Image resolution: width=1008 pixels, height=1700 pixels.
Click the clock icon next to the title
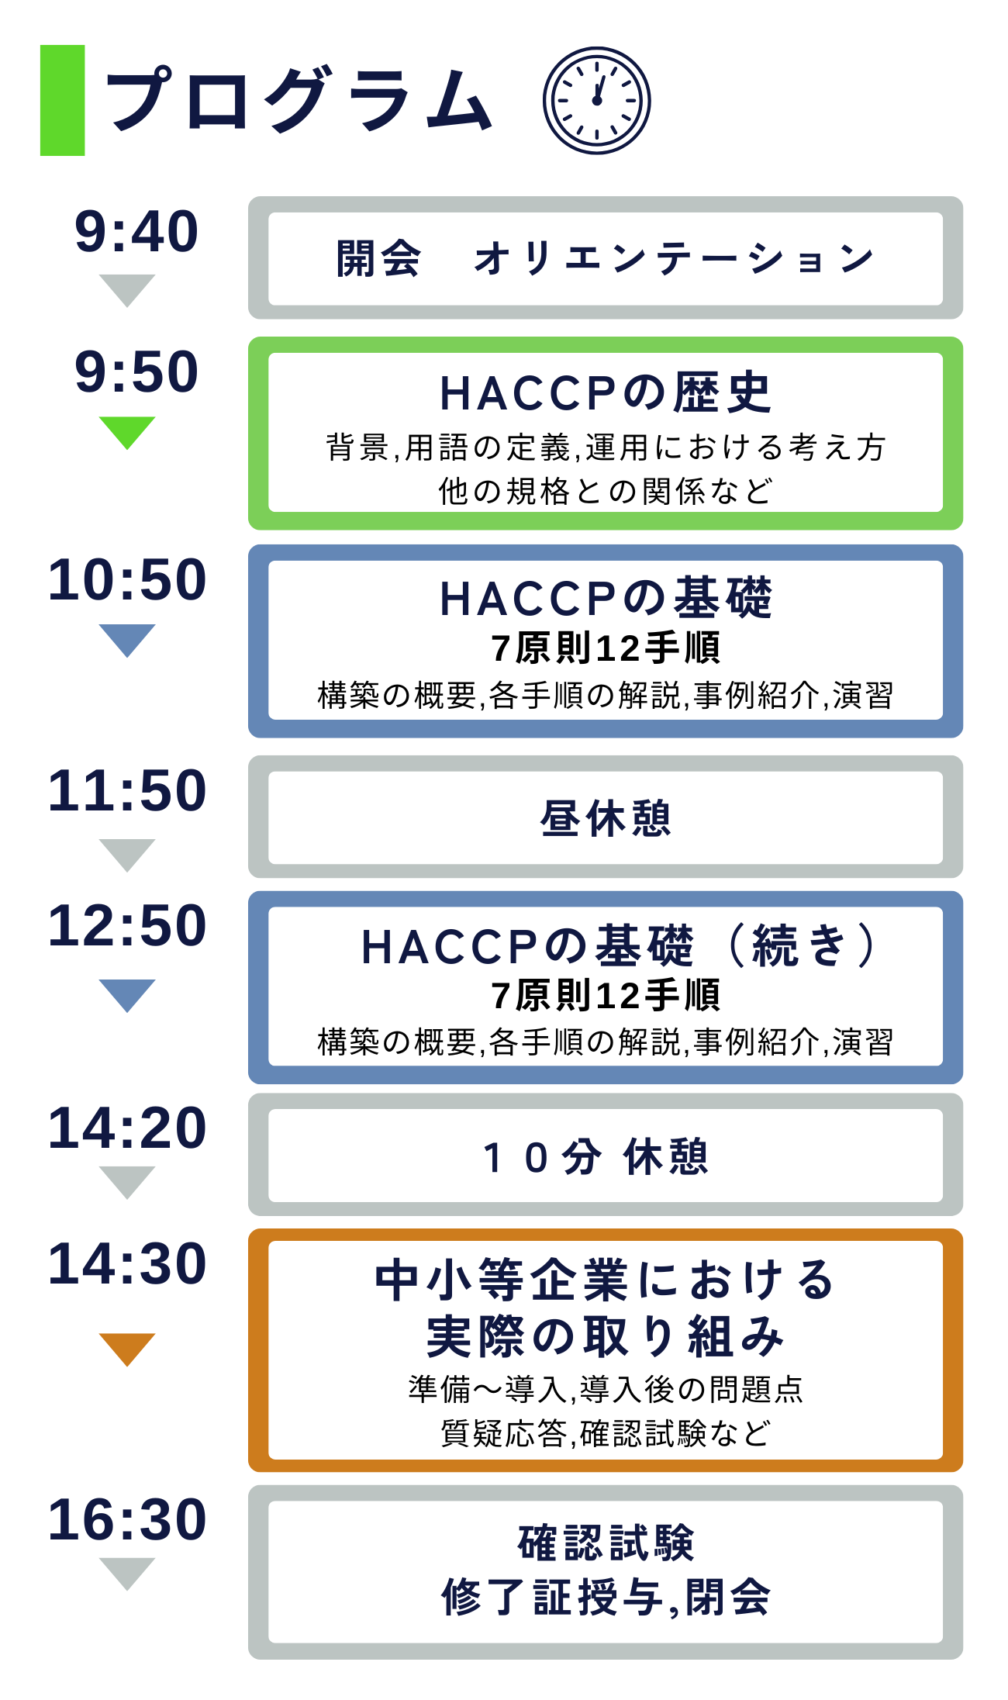596,101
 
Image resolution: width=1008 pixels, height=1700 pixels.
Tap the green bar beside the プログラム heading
62,101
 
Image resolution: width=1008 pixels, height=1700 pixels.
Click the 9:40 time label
136,232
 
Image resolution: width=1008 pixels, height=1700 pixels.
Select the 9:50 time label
136,371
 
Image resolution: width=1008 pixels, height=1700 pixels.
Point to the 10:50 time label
127,580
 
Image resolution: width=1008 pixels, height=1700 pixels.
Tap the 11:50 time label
127,791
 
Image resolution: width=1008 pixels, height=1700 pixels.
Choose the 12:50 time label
127,926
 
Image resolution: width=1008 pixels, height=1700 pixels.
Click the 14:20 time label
127,1128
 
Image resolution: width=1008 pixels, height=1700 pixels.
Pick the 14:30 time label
127,1264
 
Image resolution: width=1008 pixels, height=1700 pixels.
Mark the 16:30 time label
127,1519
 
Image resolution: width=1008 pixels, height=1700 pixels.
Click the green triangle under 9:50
127,433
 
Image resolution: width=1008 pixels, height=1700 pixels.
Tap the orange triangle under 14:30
127,1349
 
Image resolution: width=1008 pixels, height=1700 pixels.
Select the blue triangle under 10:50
127,641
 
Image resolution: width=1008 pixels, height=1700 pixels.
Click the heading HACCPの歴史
606,392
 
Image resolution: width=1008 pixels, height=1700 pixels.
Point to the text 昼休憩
606,818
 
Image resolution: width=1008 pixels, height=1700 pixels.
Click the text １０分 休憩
595,1157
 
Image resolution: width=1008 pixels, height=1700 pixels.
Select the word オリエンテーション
674,258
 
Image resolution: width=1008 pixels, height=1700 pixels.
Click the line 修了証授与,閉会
606,1598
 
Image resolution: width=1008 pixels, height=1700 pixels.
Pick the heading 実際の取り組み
606,1335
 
